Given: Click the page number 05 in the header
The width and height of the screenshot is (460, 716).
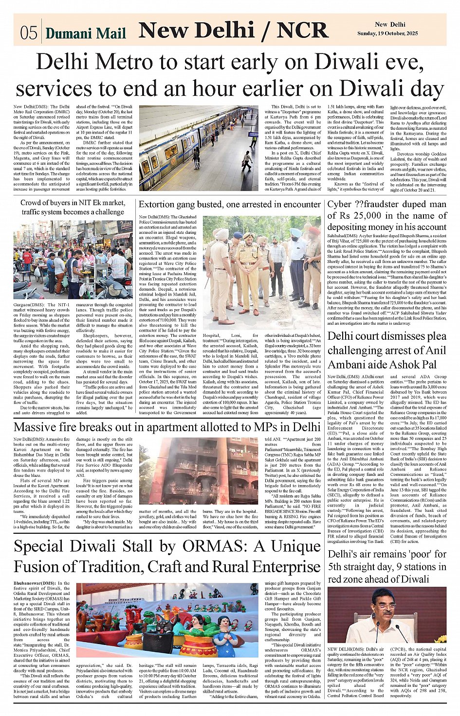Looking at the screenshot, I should click(x=29, y=32).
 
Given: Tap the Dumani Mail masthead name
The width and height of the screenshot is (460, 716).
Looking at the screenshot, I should click(x=86, y=33).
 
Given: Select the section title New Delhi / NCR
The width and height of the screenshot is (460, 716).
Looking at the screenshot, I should click(x=233, y=30).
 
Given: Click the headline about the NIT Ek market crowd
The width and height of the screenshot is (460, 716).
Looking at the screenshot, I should click(x=72, y=207).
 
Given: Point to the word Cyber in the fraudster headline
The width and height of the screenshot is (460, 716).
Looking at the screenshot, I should click(x=342, y=204).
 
